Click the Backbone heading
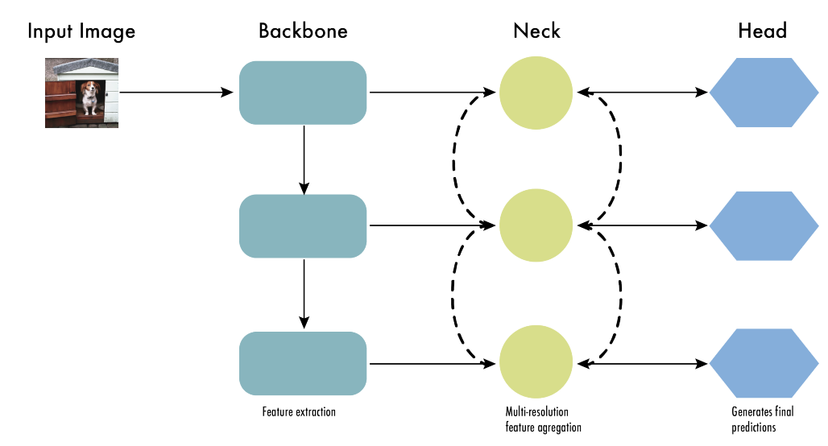coord(303,31)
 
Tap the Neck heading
coord(536,31)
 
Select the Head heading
coord(762,31)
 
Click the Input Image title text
coord(81,31)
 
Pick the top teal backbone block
coord(303,93)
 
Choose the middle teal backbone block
coord(303,226)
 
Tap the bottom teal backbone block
coord(303,363)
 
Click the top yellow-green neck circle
coord(536,93)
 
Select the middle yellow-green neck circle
coord(536,226)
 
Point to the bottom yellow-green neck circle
coord(536,363)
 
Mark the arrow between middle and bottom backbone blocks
coord(304,294)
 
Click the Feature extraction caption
coord(299,412)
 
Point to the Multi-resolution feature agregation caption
coord(537,420)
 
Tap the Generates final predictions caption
coord(762,420)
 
